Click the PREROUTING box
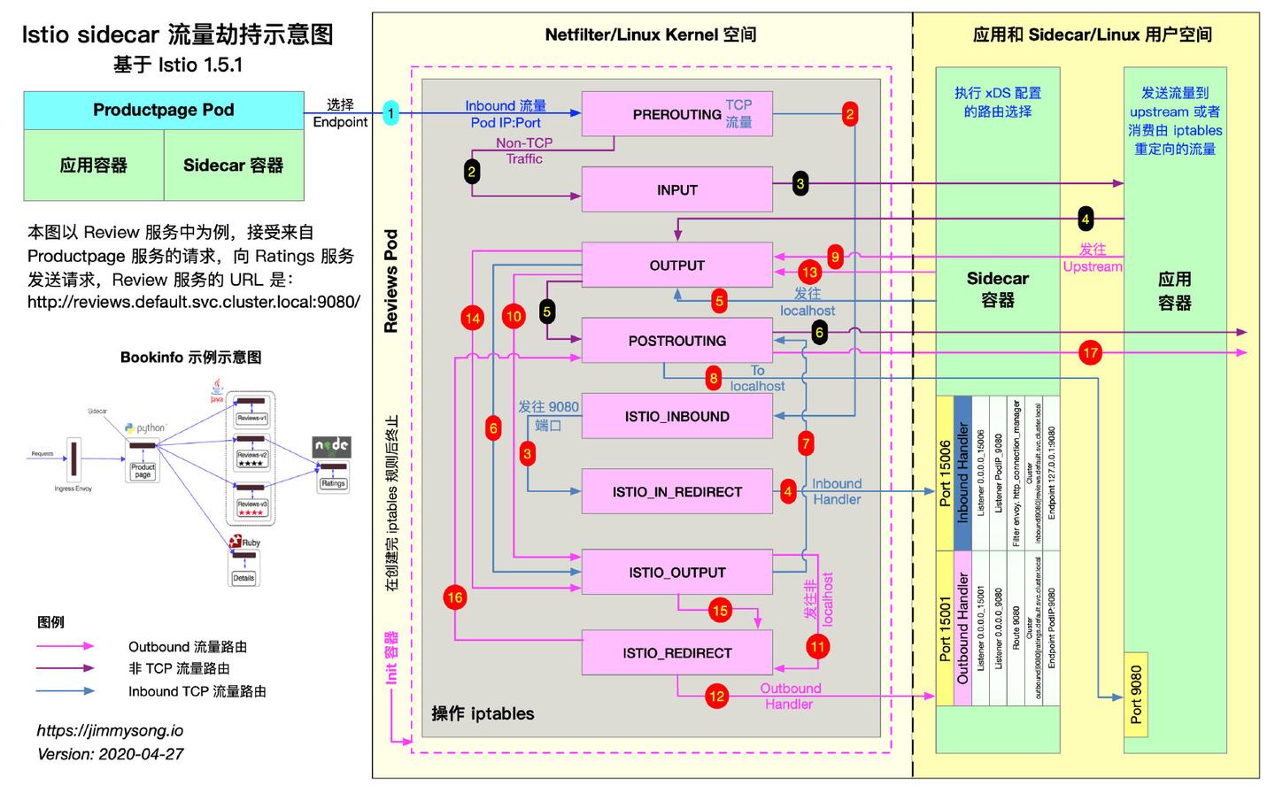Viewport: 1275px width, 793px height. pos(676,114)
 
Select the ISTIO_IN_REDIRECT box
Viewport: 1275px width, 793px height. pos(676,492)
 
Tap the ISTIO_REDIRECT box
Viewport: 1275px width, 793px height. pos(676,653)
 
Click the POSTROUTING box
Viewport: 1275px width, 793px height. pos(676,341)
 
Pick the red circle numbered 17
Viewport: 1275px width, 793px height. pos(1090,353)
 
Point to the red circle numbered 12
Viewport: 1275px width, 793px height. pos(716,697)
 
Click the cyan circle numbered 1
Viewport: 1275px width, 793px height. pos(390,112)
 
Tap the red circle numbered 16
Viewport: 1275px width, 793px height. pos(455,597)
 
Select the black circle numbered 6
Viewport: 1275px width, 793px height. pos(819,333)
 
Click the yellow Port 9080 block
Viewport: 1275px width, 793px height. pos(1136,695)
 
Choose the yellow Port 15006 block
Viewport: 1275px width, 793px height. pos(945,473)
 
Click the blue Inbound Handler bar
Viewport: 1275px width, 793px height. pos(962,473)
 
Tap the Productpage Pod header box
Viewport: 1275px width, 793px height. pos(164,110)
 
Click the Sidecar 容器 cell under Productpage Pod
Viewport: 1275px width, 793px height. pos(234,166)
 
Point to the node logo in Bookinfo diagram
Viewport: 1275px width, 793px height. pos(332,446)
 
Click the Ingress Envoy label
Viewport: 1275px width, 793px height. pos(73,489)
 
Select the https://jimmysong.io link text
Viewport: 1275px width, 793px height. pos(110,731)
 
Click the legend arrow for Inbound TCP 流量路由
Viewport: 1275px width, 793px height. pos(66,691)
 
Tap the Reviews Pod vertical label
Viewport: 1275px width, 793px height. pos(390,281)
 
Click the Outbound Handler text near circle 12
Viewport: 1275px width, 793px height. pos(789,697)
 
